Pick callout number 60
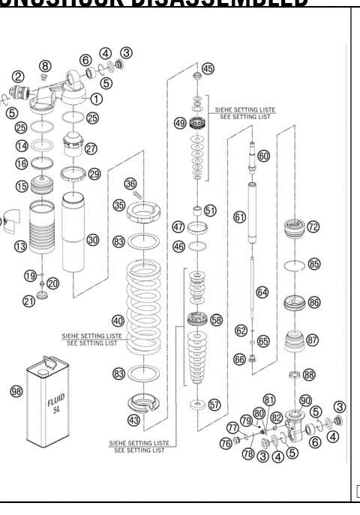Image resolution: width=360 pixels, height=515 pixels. (x=263, y=156)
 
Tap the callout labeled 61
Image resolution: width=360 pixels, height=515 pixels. (x=239, y=216)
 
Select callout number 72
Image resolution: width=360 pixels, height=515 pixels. (x=313, y=226)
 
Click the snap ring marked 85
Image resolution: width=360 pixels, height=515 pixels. (x=295, y=264)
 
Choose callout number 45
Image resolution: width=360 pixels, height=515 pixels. (x=208, y=69)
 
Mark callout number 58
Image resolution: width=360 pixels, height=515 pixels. (x=217, y=319)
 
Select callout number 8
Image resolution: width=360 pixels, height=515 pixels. (x=45, y=67)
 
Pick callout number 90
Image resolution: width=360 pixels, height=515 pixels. (x=305, y=400)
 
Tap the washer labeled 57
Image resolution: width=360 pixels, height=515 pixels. (x=198, y=405)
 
